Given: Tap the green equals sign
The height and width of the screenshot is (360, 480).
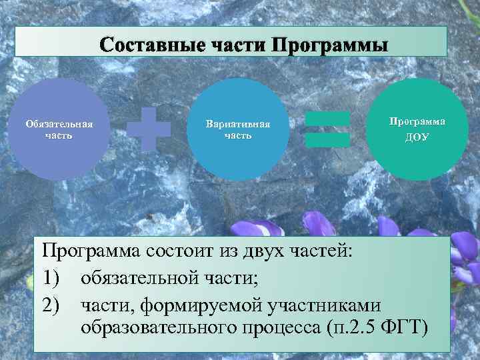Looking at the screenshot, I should click(x=327, y=129).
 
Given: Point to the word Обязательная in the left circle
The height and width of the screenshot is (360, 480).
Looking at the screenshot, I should click(x=59, y=124).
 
